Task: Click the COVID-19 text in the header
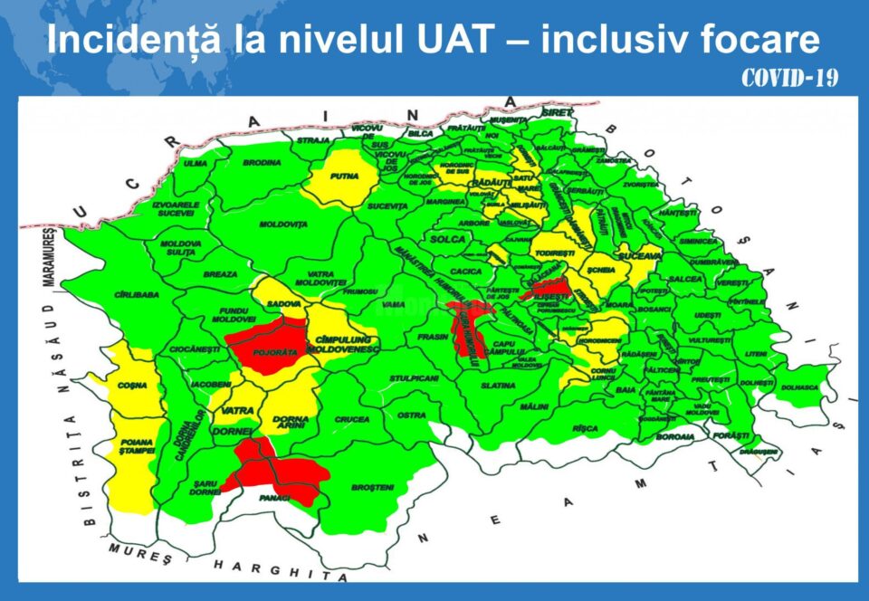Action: tap(788, 79)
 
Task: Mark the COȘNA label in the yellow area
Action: tap(131, 386)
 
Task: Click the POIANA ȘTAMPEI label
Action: tap(133, 447)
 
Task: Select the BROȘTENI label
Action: tap(374, 487)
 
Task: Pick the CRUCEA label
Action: tap(352, 419)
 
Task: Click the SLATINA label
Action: tap(498, 386)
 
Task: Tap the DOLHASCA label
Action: tap(799, 387)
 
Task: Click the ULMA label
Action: tap(196, 163)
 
